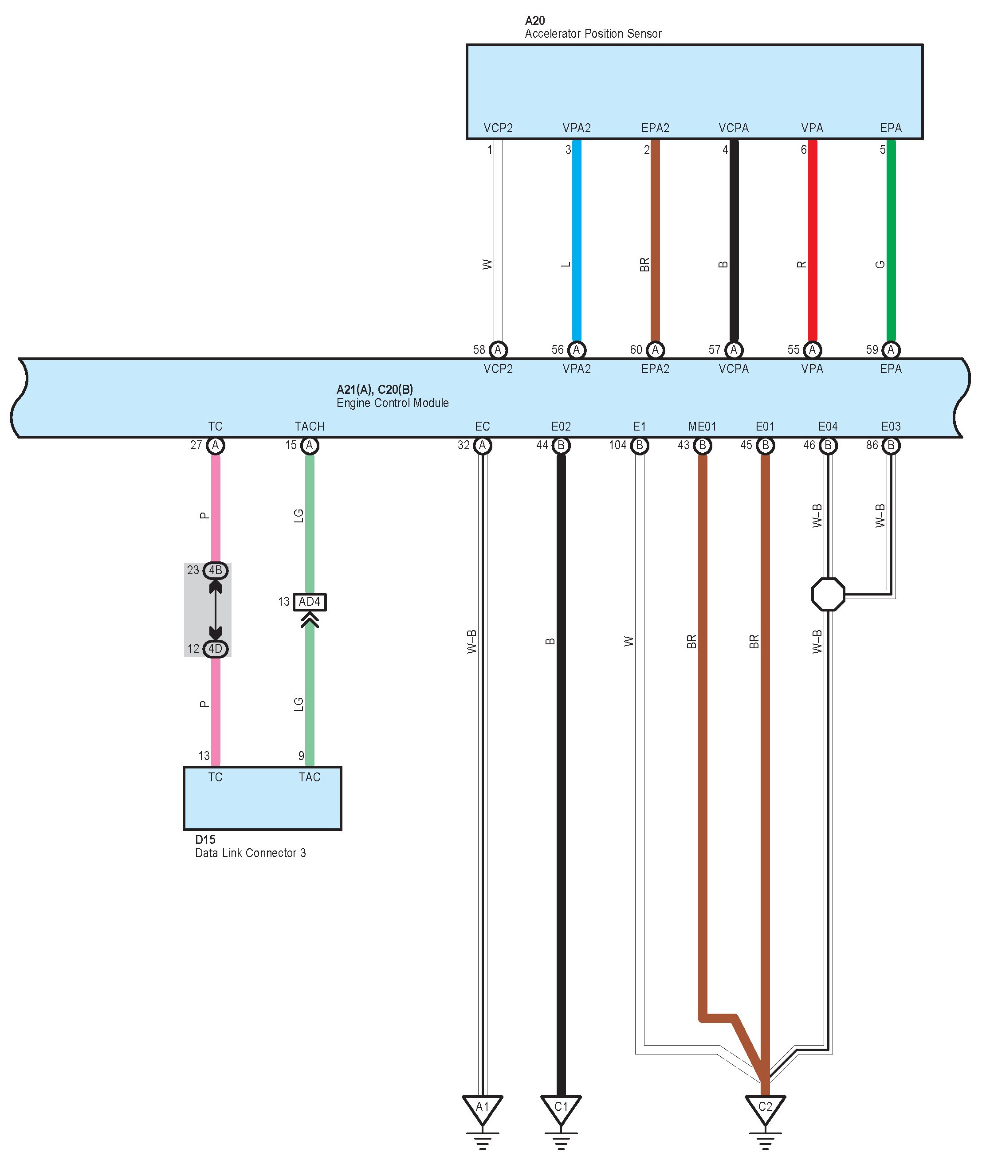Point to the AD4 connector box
coord(310,602)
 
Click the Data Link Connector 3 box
coord(262,798)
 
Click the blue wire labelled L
coord(577,239)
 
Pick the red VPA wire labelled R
coord(812,239)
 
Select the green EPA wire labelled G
coord(891,239)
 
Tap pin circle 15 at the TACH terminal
coord(310,445)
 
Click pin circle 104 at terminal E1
coord(640,445)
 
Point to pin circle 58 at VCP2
coord(498,349)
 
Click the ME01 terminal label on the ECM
coord(702,427)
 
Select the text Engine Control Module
coord(393,403)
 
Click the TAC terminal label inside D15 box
coord(310,777)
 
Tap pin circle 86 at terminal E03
coord(891,445)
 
